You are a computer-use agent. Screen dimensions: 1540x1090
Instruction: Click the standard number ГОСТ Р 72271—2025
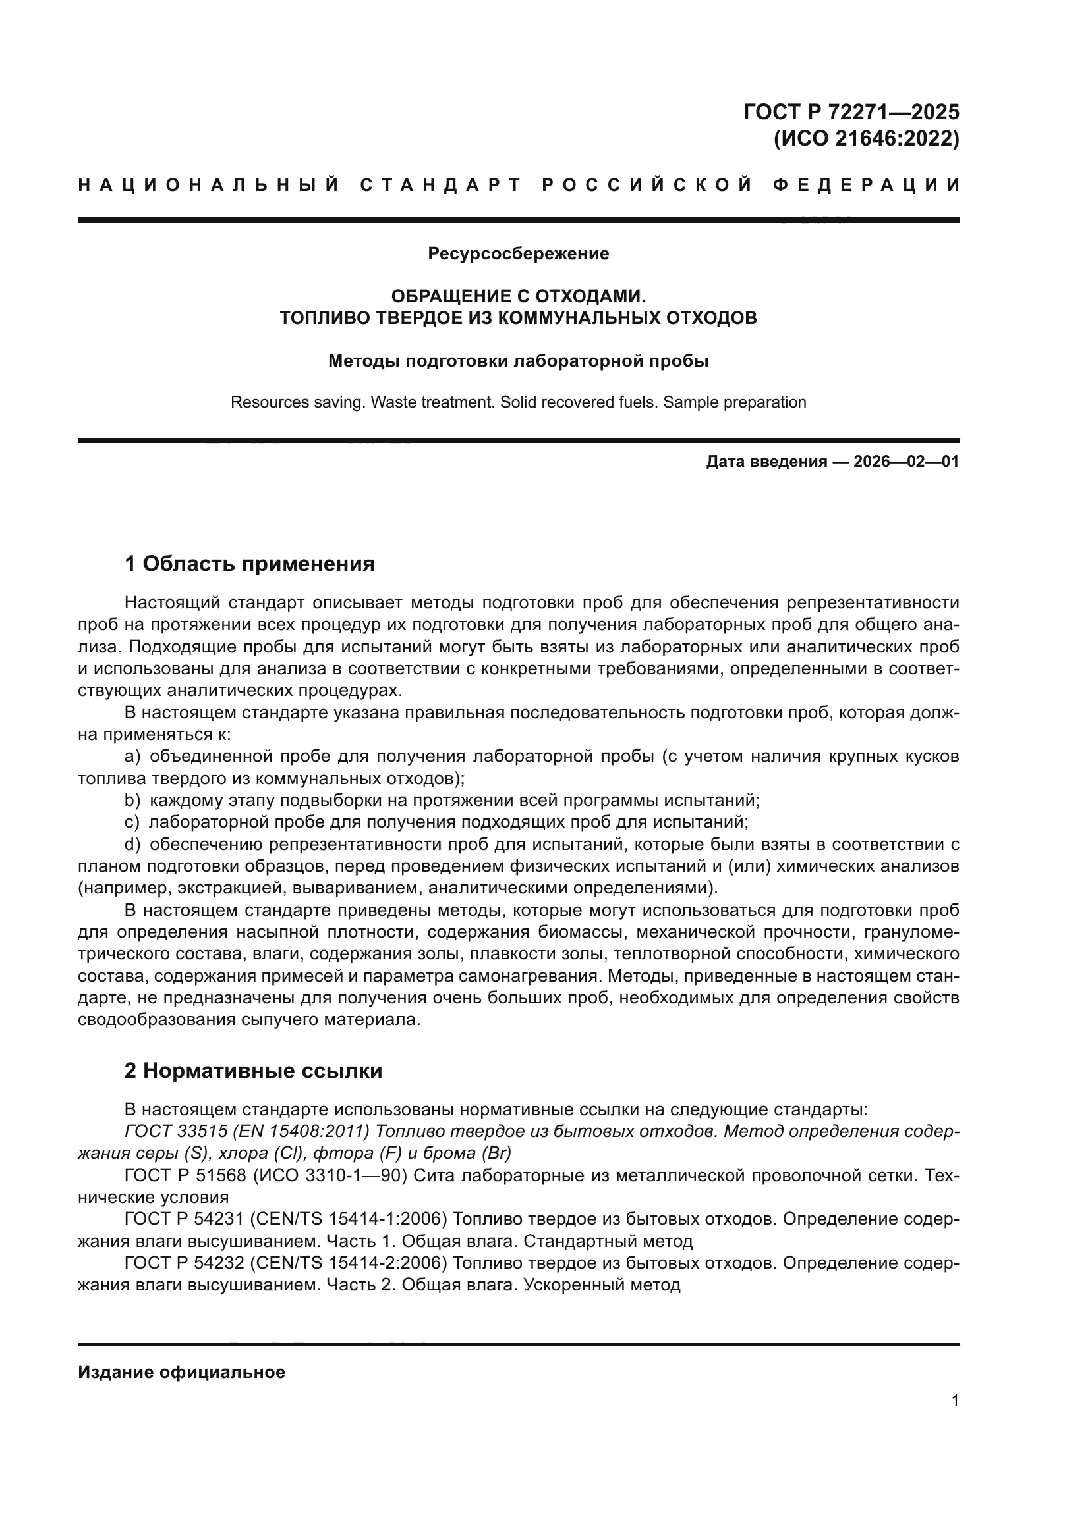point(850,111)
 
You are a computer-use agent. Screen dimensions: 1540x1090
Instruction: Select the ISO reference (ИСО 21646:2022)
point(867,139)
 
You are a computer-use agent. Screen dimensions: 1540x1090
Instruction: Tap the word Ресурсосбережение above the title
point(518,253)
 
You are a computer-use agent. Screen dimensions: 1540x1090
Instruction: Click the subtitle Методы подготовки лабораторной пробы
point(518,361)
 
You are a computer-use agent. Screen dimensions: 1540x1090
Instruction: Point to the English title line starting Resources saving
point(518,402)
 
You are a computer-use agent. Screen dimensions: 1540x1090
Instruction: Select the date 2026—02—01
point(906,462)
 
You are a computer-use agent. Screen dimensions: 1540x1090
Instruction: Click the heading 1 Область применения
point(249,564)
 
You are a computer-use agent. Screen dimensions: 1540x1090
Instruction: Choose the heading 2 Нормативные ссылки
point(253,1071)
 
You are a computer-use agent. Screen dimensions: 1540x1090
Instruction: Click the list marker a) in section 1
point(132,757)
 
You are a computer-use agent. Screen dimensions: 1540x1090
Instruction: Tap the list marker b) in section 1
point(132,800)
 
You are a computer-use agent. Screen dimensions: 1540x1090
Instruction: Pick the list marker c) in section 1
point(132,822)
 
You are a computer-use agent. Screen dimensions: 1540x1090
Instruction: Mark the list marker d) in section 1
point(132,845)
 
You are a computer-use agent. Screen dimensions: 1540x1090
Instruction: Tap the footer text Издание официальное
point(181,1372)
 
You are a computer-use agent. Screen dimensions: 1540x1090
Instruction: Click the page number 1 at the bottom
point(955,1400)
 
